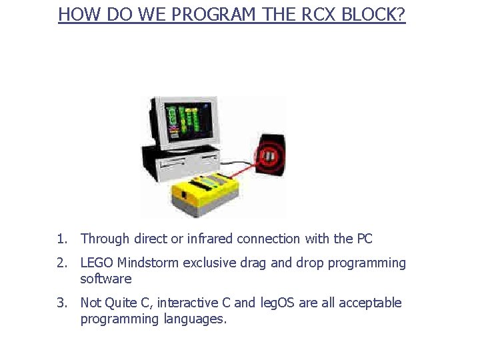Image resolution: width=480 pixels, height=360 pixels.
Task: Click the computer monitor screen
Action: (189, 121)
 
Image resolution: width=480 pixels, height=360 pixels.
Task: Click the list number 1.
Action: (62, 239)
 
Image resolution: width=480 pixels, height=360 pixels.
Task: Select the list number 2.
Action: (62, 263)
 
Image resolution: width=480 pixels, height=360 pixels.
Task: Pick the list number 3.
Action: (62, 303)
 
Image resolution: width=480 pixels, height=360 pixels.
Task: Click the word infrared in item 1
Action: (209, 239)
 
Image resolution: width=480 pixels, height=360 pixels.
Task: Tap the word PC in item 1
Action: (364, 239)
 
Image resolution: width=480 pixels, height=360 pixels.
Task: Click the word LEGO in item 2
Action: (97, 263)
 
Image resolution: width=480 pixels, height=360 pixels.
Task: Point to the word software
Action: (106, 279)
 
